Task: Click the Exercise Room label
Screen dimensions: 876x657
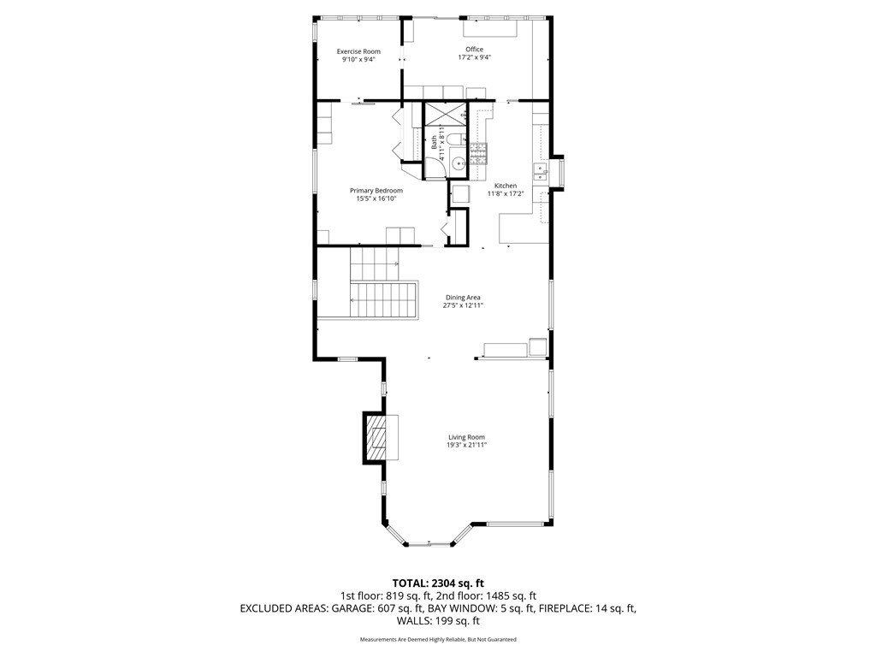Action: (x=358, y=51)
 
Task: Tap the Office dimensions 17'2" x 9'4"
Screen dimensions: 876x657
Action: (x=474, y=57)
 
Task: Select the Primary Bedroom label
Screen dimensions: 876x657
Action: (x=376, y=191)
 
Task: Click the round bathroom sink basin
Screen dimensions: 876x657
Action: (x=457, y=163)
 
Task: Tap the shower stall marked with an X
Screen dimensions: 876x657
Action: (x=445, y=114)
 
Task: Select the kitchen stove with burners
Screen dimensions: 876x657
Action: (x=478, y=154)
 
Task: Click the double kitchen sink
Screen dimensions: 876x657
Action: (x=541, y=173)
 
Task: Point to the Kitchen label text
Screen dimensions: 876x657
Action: (x=506, y=186)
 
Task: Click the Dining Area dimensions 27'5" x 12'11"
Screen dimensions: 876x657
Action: (x=463, y=305)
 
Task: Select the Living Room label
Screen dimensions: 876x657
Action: (x=466, y=437)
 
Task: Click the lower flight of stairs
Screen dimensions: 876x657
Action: (x=384, y=299)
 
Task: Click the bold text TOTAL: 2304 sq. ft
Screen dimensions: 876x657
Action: (x=438, y=583)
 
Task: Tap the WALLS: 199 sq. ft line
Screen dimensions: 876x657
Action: (x=438, y=621)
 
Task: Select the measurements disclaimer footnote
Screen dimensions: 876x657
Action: (x=438, y=639)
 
